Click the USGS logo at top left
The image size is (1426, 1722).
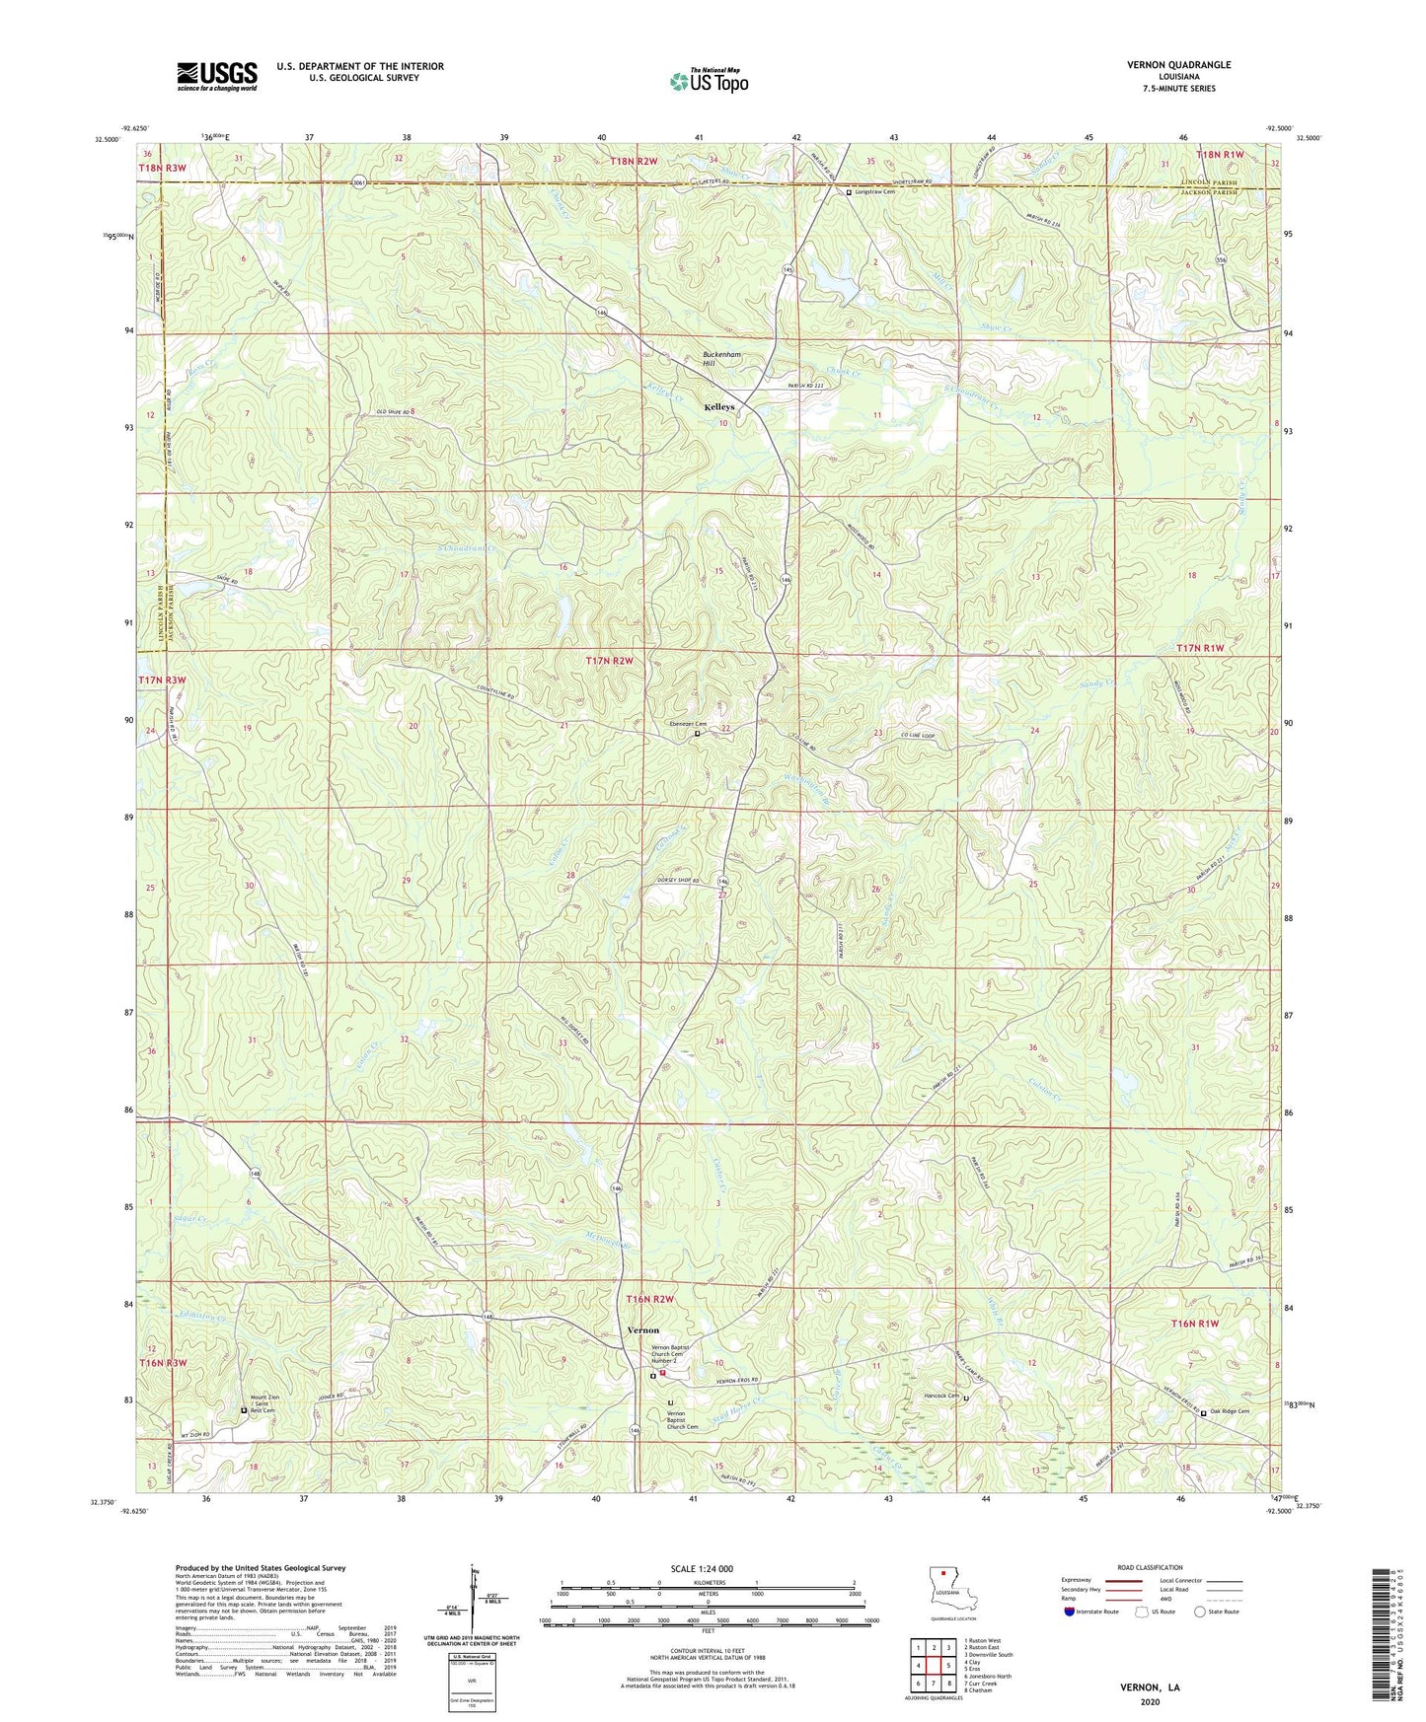click(217, 75)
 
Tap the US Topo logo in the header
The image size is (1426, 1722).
click(709, 81)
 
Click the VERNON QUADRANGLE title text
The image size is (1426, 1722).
click(1178, 65)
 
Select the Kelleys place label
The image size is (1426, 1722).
click(719, 407)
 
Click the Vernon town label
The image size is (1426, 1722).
click(643, 1330)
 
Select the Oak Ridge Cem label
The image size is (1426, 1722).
click(1230, 1411)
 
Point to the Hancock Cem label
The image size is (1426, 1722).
click(941, 1396)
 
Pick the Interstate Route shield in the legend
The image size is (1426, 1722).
click(1070, 1612)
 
